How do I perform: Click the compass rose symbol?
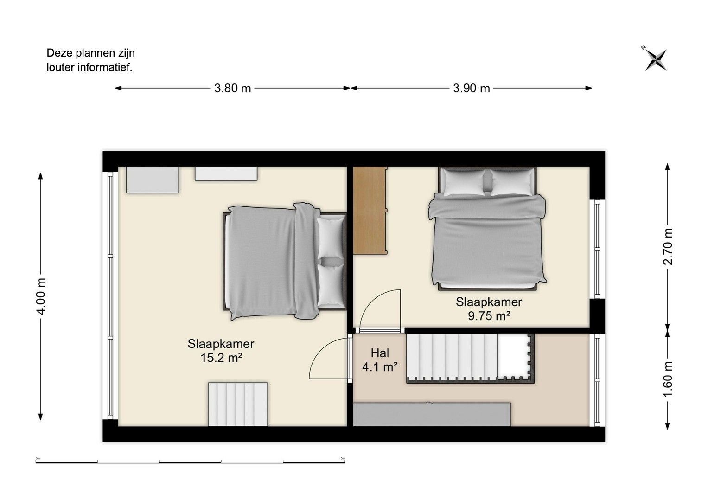656,60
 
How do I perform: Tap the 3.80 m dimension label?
233,88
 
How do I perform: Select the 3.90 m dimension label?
471,88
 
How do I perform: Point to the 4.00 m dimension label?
41,296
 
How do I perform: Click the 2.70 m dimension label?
668,246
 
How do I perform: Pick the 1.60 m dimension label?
668,379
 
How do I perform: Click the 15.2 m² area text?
221,358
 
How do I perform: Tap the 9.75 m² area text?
489,316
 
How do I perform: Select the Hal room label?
380,353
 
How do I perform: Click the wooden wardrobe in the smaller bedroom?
370,210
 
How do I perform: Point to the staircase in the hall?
470,358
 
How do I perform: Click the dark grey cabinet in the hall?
432,414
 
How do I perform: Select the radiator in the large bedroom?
238,405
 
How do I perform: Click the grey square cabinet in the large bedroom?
153,180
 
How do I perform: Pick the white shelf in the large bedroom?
226,173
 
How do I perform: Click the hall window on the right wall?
597,380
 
